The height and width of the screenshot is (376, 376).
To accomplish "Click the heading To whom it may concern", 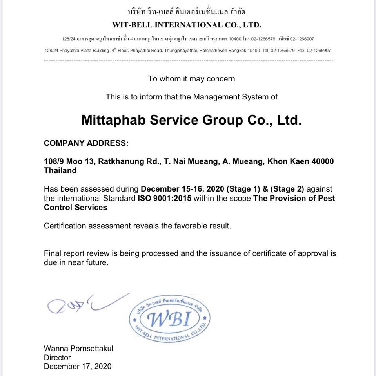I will pos(191,79).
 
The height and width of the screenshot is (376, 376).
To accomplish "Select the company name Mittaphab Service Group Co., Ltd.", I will pos(191,120).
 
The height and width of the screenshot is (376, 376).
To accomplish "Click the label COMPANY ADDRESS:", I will pos(86,143).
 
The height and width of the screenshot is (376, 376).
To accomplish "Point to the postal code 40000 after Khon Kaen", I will pos(323,161).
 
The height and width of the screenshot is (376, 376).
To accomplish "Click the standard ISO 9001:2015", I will pos(164,198).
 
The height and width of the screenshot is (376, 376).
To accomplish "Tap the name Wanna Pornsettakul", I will pos(78,349).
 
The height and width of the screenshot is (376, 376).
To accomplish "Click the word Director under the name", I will pos(57,358).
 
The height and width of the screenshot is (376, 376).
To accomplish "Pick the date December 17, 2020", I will pos(78,367).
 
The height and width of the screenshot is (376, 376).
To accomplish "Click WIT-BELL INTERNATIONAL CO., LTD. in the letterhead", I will pos(187,25).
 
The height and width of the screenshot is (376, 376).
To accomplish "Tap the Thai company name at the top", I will pos(187,11).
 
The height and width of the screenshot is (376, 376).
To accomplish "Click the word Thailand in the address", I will pos(60,171).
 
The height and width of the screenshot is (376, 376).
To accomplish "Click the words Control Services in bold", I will pos(75,208).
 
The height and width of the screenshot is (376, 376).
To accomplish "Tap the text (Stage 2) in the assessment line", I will pos(287,189).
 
